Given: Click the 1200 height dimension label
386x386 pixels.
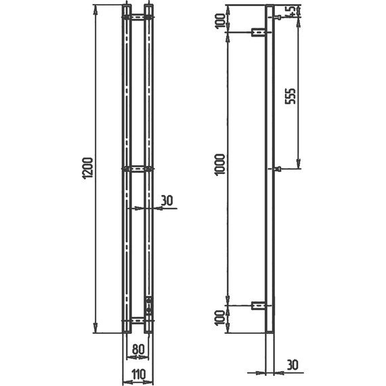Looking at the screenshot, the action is click(89, 169).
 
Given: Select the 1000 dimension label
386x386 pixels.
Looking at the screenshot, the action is click(219, 165).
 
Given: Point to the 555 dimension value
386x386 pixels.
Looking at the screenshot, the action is click(290, 96).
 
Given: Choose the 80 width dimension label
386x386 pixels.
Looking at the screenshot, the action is click(138, 349).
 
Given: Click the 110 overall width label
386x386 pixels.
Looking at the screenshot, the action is click(138, 374).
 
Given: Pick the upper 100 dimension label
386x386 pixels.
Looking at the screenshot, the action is click(220, 21).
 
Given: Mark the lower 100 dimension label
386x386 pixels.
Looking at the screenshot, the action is click(220, 318).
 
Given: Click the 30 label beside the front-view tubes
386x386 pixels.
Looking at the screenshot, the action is click(167, 200).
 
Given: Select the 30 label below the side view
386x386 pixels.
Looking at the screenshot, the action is click(292, 365).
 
